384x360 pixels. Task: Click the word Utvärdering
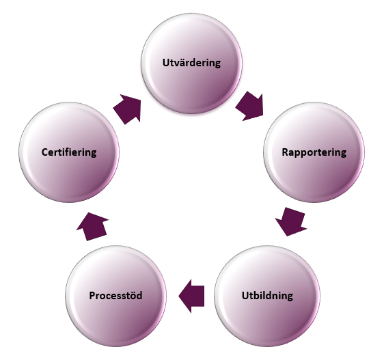191,63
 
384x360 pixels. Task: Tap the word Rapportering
314,152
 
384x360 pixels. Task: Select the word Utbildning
267,296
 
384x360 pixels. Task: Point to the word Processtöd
115,295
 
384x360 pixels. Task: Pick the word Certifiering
69,152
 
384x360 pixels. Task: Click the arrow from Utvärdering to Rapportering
250,107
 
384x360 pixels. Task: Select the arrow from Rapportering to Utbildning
291,221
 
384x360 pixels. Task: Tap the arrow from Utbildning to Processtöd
191,296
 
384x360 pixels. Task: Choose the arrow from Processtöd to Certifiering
92,227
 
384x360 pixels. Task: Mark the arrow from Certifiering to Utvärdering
128,109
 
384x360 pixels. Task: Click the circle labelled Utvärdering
191,63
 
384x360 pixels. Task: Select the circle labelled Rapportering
314,152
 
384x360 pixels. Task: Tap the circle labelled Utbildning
267,296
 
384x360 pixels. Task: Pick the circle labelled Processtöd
116,296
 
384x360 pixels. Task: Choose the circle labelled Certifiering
69,152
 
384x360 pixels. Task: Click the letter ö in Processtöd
133,296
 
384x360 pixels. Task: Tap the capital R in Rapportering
285,152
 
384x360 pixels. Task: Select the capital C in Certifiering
44,152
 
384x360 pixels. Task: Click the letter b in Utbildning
254,295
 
